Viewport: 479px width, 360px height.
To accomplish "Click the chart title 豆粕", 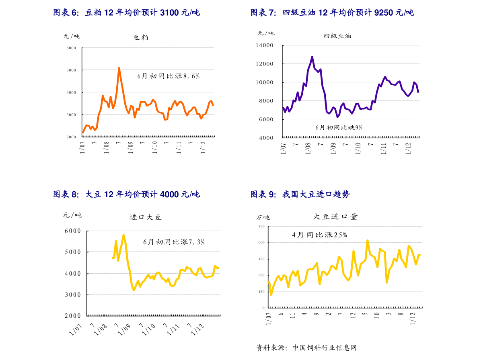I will [140, 38].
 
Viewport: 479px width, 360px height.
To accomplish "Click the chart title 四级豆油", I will [337, 36].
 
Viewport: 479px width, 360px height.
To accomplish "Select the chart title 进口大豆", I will [145, 217].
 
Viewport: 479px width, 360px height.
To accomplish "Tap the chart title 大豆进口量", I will [335, 217].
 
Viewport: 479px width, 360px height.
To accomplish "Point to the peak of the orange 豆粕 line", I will [119, 68].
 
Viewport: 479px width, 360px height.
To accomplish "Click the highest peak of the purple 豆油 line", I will [312, 57].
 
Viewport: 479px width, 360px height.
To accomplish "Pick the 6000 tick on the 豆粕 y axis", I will [71, 48].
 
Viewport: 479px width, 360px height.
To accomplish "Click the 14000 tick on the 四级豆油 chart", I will [264, 45].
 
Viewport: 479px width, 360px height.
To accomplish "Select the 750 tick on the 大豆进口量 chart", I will [261, 227].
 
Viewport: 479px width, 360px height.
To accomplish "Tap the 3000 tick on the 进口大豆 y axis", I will [73, 295].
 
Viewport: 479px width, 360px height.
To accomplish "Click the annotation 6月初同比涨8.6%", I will [168, 76].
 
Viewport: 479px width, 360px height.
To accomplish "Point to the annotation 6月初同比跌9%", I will [339, 127].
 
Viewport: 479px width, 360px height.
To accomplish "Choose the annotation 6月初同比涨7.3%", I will [174, 242].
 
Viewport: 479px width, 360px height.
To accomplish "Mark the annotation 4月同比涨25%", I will [319, 235].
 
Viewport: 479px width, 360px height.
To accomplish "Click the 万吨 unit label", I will [263, 217].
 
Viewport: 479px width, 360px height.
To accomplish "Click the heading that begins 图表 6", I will [126, 13].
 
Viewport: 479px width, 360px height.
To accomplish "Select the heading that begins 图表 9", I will [300, 194].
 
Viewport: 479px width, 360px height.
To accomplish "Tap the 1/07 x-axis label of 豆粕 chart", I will [83, 146].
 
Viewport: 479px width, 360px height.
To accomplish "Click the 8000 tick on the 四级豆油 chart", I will [266, 101].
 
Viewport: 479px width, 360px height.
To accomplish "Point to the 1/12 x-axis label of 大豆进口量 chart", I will [413, 317].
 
